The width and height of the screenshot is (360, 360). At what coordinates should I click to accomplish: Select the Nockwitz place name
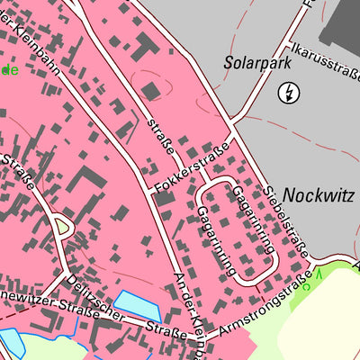click(x=313, y=193)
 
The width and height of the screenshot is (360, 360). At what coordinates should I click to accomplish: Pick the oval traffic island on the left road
click(x=62, y=226)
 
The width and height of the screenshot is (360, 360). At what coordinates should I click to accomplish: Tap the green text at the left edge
click(x=9, y=69)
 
